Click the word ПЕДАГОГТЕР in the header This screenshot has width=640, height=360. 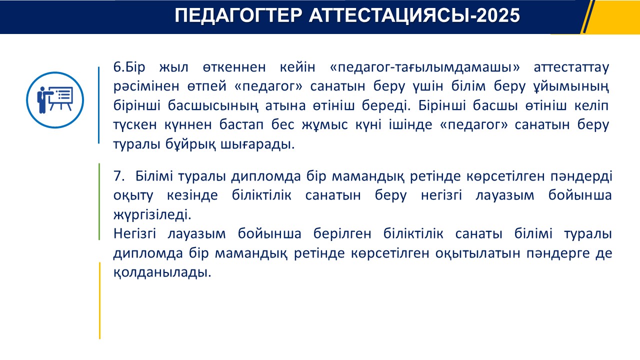(238, 15)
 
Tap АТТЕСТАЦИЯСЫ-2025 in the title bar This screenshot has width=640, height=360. (414, 15)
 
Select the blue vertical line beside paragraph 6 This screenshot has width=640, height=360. (99, 105)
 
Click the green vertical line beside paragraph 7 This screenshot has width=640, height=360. (99, 201)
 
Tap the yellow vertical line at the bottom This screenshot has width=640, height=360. (99, 300)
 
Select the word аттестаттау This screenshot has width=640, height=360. (571, 68)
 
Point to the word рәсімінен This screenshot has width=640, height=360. (146, 86)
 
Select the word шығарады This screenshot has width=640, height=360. (257, 144)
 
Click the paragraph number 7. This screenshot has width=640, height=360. (119, 176)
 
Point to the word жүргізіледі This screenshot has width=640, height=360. (152, 215)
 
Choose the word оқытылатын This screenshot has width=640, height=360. (477, 253)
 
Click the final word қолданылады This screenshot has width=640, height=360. (162, 272)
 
